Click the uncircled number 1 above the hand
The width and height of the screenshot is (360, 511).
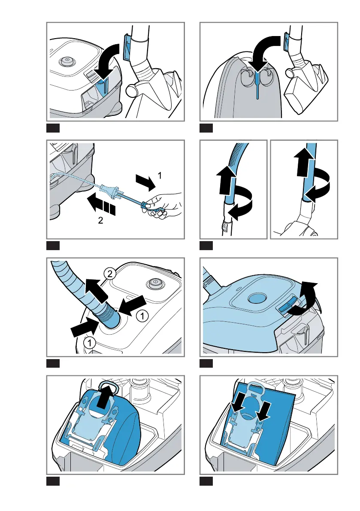pos(158,175)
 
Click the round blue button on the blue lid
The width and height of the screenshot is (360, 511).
pos(257,298)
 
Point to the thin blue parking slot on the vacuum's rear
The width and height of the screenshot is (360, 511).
pos(257,85)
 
